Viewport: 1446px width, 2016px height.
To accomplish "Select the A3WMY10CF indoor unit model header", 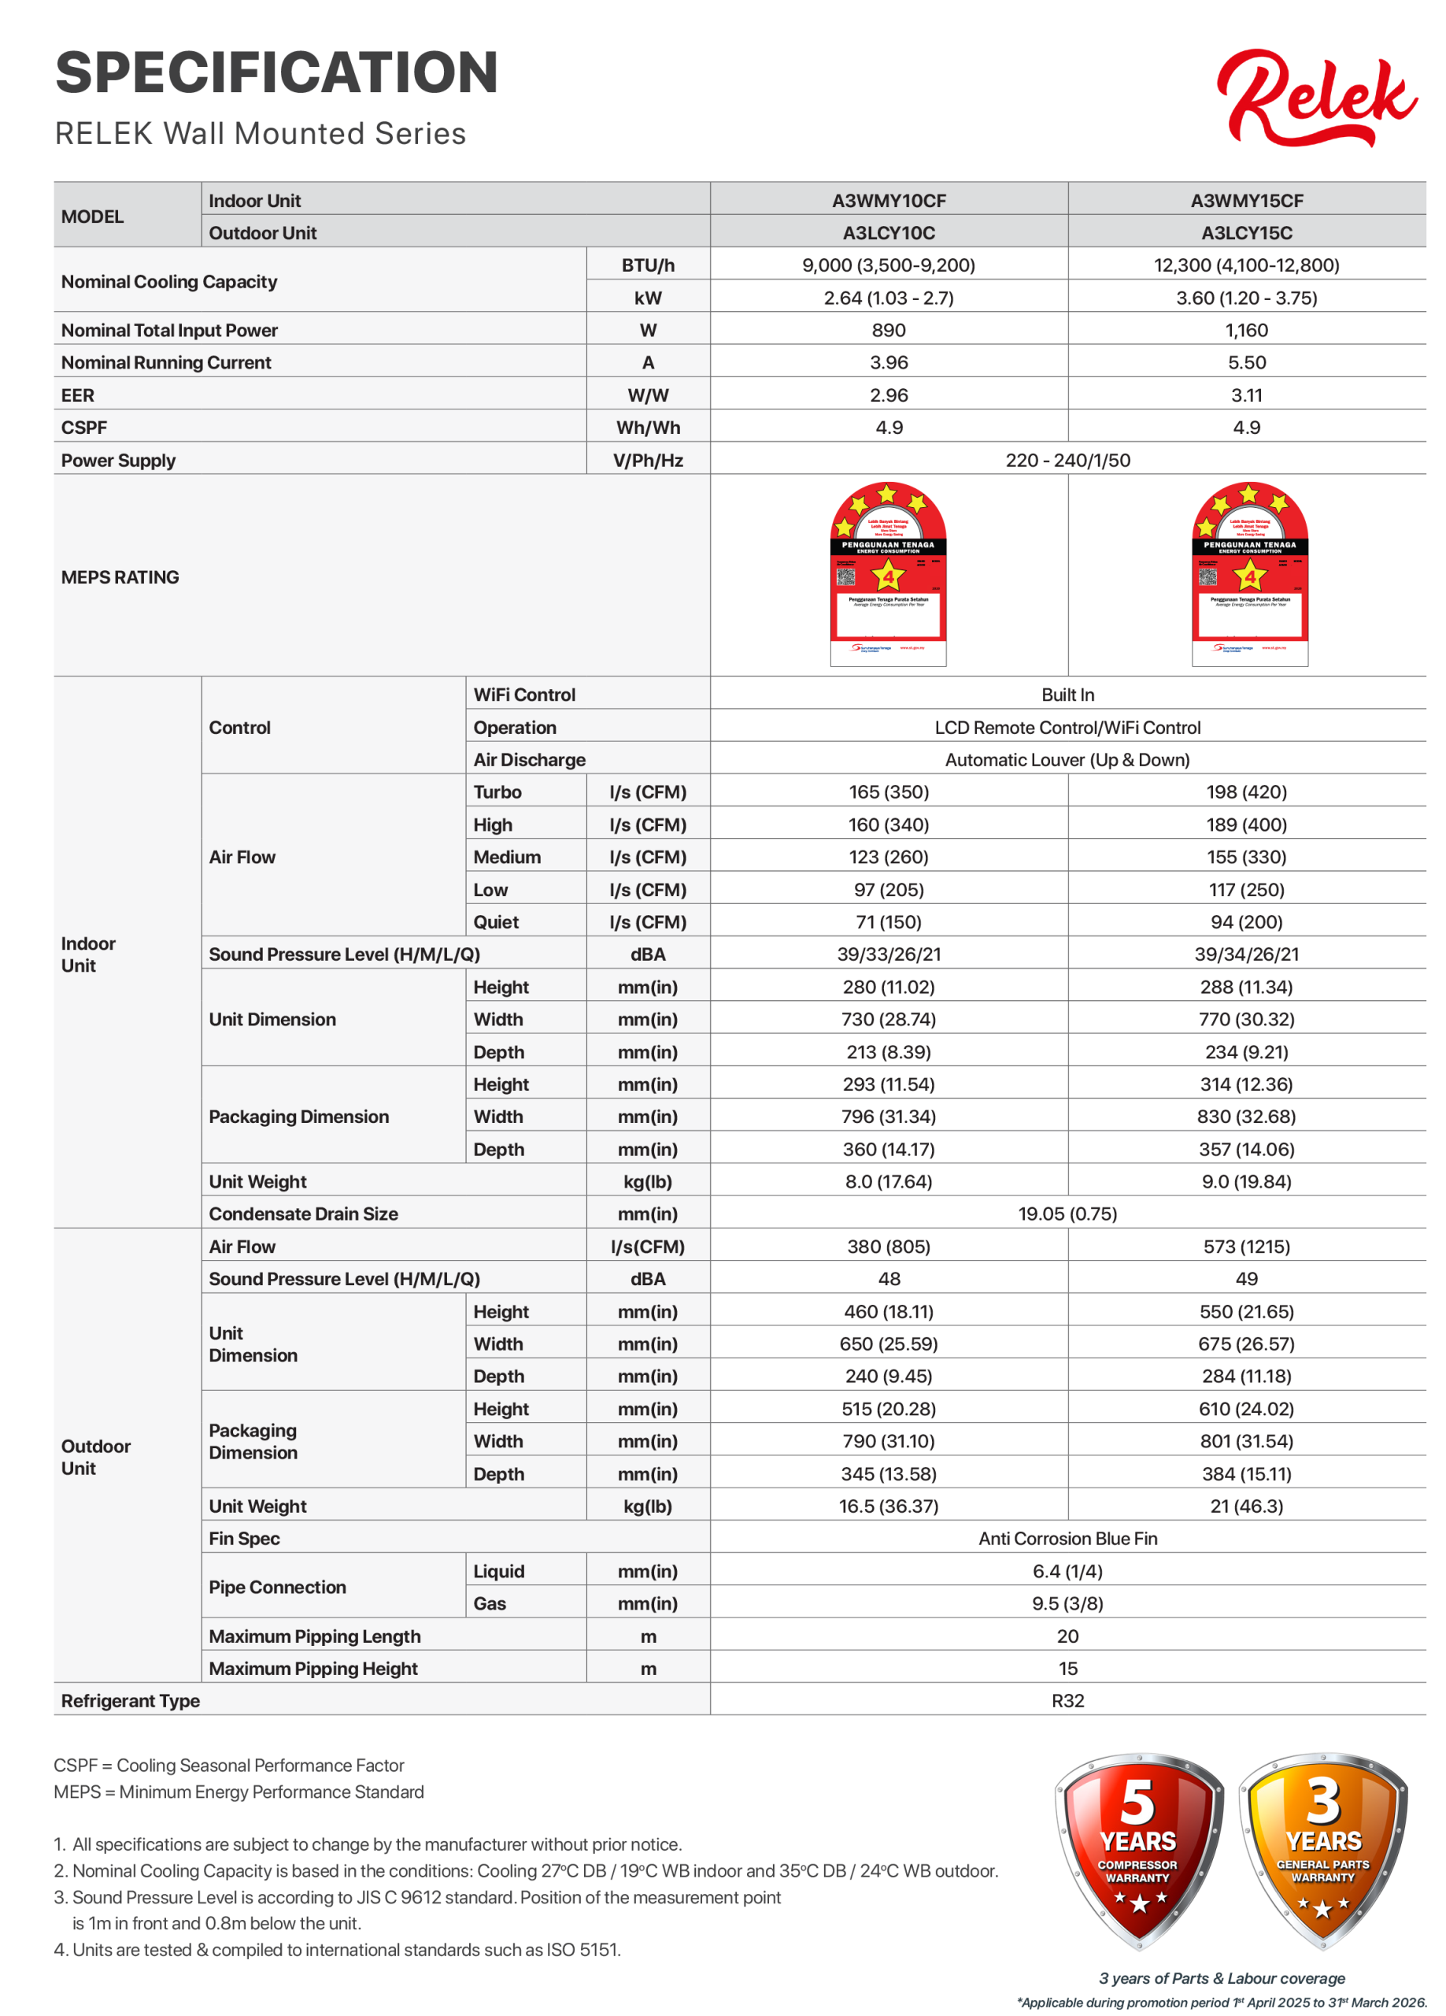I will click(x=889, y=201).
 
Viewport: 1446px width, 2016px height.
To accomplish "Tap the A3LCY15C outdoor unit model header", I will click(x=1247, y=233).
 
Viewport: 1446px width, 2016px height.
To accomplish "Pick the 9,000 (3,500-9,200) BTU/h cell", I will click(x=889, y=265).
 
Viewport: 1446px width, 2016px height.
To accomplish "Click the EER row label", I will click(x=78, y=395).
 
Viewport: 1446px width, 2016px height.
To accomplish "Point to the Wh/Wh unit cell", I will click(x=648, y=428).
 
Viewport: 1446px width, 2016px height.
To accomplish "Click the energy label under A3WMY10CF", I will click(x=888, y=574).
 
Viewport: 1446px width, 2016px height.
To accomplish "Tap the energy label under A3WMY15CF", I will click(x=1249, y=574).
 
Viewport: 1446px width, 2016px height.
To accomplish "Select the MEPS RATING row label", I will click(x=120, y=578).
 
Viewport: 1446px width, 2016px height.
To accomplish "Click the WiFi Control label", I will click(x=524, y=695).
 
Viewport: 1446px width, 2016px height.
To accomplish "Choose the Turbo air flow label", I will click(x=497, y=792).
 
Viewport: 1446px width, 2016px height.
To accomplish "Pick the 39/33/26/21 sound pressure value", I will click(x=889, y=954).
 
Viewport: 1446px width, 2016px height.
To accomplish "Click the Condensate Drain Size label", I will click(x=303, y=1214).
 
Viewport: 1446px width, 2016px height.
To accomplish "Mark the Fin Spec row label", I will click(x=244, y=1539).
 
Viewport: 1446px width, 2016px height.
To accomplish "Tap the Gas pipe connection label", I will click(x=490, y=1603).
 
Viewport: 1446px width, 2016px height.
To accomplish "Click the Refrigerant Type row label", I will click(x=131, y=1700).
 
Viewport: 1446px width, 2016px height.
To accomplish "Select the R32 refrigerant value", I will click(x=1068, y=1700).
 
